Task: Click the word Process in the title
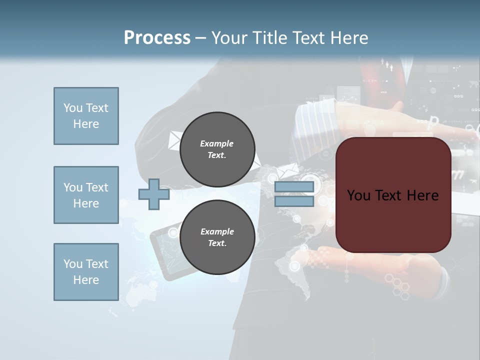[x=157, y=38]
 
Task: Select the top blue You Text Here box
[x=86, y=116]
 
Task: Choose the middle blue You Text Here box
[x=86, y=195]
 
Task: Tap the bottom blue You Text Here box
[x=86, y=272]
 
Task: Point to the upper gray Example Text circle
[x=217, y=149]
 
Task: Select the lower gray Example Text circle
[x=217, y=237]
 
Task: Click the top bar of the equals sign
[x=294, y=187]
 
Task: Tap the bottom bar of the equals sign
[x=294, y=201]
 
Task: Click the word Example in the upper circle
[x=217, y=143]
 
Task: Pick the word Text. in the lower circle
[x=217, y=243]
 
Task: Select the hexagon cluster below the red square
[x=400, y=287]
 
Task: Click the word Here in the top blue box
[x=86, y=124]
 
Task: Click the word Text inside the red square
[x=393, y=195]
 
